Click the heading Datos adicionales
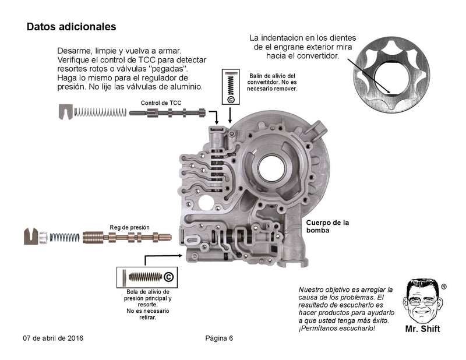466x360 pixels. point(71,27)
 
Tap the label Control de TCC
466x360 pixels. point(161,103)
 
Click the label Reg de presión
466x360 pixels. point(129,227)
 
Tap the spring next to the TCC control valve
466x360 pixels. point(101,111)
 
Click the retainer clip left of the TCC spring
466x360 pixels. point(66,111)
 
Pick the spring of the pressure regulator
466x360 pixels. point(64,237)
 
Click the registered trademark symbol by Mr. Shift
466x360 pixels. point(444,287)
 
